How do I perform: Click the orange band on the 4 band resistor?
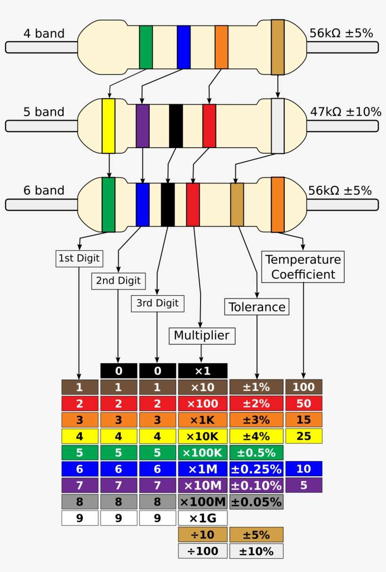[221, 47]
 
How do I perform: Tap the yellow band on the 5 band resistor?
[109, 125]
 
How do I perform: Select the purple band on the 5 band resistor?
[143, 125]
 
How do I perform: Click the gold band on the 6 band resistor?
[237, 204]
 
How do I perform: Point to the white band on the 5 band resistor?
[278, 125]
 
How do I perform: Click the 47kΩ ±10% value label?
[346, 112]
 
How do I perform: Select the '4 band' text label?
[44, 33]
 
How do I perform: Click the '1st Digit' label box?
[80, 258]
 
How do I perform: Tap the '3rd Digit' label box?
[157, 303]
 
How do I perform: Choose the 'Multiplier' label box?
[201, 335]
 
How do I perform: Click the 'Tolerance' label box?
[257, 307]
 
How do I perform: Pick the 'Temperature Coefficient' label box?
[303, 266]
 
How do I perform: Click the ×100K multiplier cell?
[202, 452]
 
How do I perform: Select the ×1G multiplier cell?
[202, 518]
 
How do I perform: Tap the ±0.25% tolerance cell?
[256, 469]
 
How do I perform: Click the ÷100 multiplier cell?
[202, 551]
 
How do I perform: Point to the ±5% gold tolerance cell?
[256, 534]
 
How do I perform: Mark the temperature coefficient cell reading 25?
[304, 436]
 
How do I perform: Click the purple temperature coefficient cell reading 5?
[304, 485]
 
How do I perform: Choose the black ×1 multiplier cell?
[202, 371]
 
